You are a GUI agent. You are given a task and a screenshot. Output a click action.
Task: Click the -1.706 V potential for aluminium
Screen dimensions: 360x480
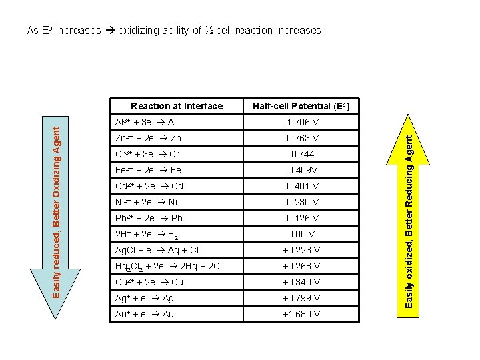click(x=300, y=123)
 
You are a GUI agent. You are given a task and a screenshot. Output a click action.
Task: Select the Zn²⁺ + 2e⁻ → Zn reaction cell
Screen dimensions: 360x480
click(x=148, y=139)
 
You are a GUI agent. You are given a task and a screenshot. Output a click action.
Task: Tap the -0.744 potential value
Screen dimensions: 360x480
click(x=300, y=155)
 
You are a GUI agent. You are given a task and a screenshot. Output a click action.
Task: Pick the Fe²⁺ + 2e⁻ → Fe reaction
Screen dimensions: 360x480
click(x=148, y=171)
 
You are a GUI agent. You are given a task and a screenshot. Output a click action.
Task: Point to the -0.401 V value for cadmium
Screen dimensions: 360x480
click(x=300, y=187)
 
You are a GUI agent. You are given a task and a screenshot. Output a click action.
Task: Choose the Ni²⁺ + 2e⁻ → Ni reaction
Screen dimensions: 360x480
click(x=147, y=203)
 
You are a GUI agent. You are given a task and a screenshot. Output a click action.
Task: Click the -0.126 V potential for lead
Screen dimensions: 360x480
click(x=300, y=219)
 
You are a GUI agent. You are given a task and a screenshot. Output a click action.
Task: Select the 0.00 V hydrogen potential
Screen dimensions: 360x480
click(x=300, y=235)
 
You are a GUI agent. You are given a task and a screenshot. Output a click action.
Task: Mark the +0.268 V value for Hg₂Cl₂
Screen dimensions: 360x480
click(x=300, y=267)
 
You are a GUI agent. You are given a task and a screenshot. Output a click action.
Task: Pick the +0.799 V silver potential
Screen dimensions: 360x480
click(x=300, y=299)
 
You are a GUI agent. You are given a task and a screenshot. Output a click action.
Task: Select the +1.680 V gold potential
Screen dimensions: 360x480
click(x=300, y=315)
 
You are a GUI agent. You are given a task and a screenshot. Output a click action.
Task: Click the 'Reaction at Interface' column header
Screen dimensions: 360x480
click(x=177, y=106)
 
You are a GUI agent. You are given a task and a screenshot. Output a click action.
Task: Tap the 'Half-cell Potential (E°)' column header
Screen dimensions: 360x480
click(x=300, y=106)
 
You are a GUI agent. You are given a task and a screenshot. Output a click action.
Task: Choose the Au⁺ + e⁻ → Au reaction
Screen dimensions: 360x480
click(x=145, y=315)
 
